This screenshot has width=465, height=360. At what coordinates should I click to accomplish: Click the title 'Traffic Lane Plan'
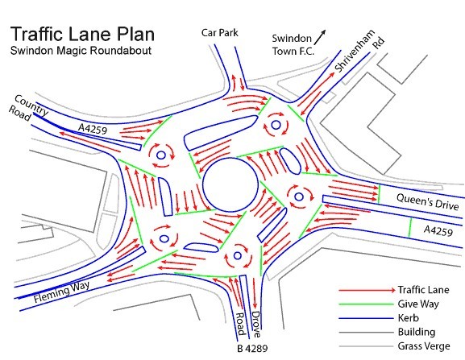[82, 34]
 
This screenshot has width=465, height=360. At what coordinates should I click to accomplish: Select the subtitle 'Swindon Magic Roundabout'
[81, 51]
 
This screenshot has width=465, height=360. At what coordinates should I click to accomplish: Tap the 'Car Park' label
[219, 32]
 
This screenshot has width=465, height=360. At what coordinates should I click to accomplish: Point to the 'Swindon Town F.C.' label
[293, 45]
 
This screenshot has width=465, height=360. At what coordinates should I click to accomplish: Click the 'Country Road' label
[28, 108]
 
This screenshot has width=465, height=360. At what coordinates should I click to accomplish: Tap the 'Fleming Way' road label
[61, 292]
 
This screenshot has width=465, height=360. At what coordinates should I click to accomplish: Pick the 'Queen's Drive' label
[427, 201]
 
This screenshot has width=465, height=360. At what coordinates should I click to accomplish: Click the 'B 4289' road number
[252, 349]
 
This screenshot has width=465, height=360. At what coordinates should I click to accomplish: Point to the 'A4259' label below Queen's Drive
[438, 230]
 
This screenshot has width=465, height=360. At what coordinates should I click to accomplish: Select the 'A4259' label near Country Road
[93, 129]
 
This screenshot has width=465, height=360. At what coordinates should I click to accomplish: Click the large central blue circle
[230, 184]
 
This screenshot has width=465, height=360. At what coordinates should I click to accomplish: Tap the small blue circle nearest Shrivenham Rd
[276, 125]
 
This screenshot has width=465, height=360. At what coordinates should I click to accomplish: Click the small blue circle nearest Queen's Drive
[299, 197]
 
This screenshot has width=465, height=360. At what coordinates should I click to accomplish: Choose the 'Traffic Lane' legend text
[423, 289]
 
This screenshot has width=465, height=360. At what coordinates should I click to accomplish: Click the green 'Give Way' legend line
[366, 304]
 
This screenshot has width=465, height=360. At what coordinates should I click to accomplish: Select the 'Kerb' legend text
[408, 318]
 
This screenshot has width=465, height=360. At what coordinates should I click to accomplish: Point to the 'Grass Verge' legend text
[424, 346]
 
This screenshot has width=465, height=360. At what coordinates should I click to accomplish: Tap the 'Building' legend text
[417, 332]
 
